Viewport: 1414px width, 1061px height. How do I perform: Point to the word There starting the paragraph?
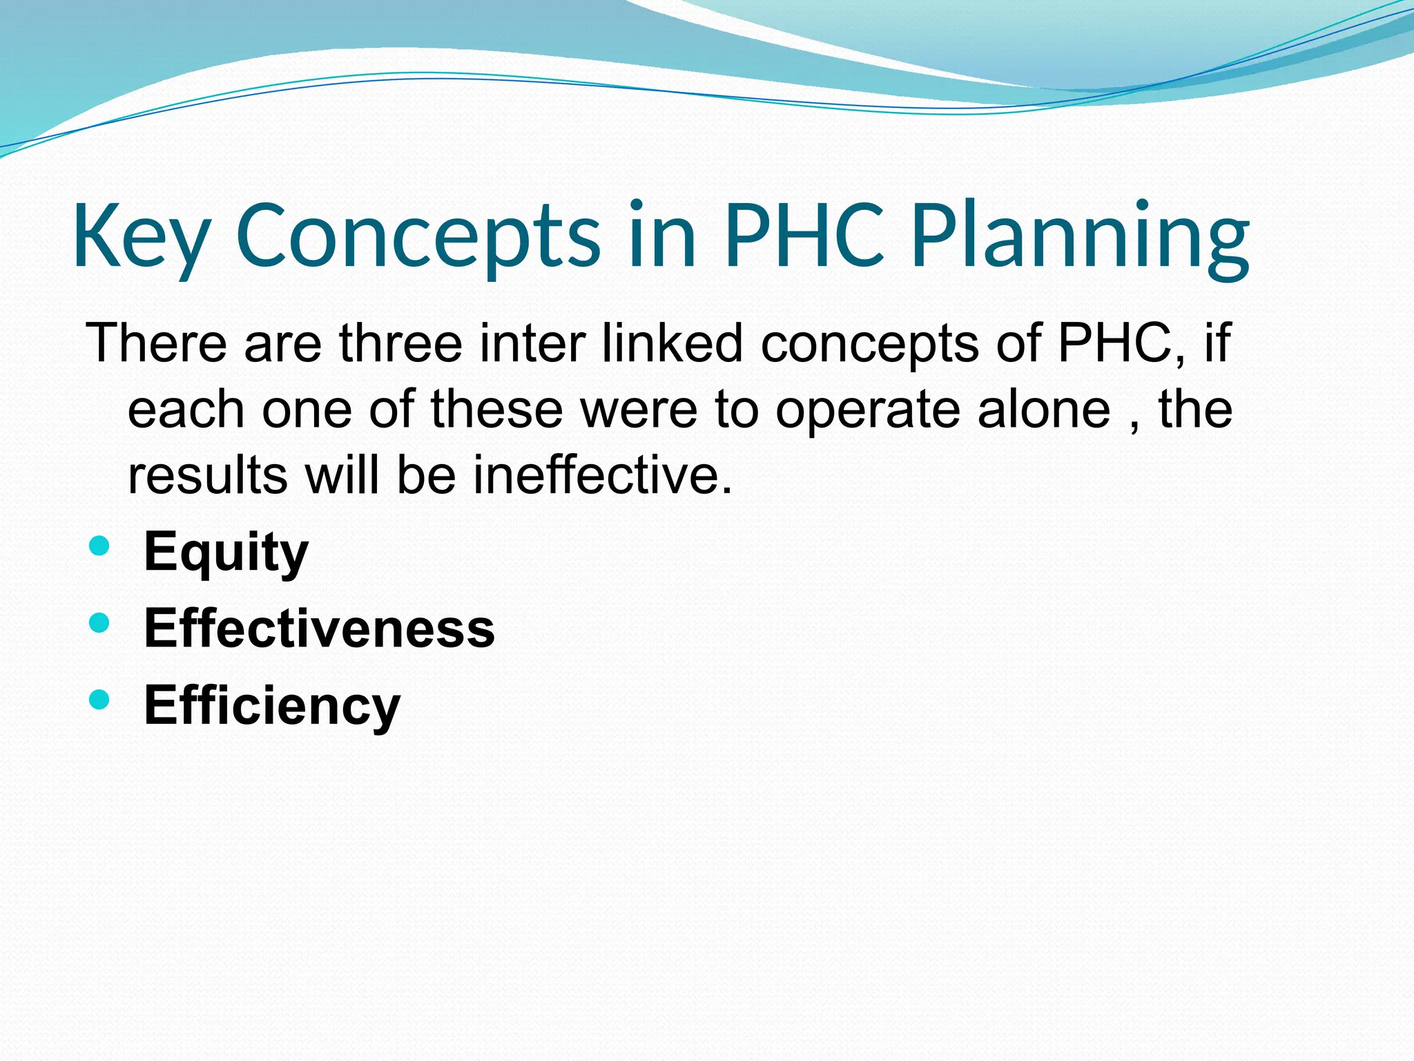(156, 343)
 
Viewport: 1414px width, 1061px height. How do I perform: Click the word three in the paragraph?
(400, 343)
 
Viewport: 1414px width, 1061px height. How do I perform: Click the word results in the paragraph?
(207, 476)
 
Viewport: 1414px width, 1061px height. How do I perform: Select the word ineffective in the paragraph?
(601, 476)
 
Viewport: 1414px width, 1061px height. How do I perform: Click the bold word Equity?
(226, 553)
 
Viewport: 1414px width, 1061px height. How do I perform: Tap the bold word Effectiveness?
(319, 629)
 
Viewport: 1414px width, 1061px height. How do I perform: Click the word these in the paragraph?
(496, 409)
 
